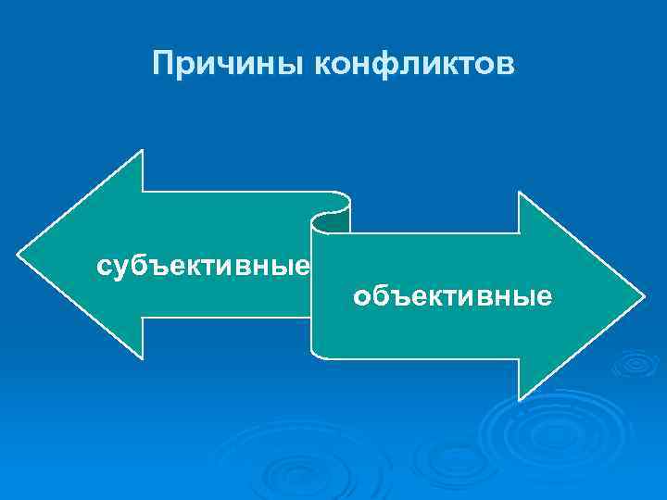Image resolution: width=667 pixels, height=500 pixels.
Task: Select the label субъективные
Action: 203,268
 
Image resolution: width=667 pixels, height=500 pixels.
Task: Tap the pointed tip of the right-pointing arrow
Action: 642,296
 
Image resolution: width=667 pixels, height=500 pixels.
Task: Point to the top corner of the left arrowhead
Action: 142,151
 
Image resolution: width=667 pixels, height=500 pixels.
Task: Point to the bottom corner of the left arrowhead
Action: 142,358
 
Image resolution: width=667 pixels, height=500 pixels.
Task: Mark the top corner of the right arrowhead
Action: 520,194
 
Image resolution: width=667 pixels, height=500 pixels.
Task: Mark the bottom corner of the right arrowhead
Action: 520,399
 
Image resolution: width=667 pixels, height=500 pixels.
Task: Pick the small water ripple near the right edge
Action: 635,365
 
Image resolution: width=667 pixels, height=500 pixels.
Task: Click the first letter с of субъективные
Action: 104,268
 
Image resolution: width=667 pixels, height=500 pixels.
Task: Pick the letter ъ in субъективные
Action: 155,268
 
